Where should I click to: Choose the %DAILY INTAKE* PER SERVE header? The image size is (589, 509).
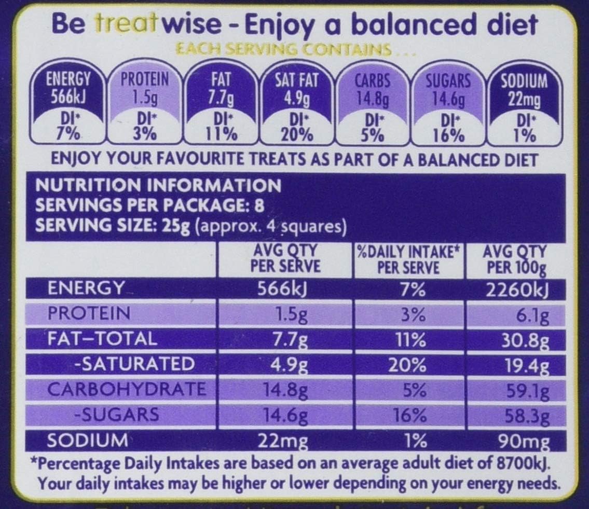coord(408,259)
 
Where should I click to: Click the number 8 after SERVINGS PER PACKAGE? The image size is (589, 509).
coord(259,205)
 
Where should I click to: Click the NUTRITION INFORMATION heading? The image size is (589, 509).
coord(158,185)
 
